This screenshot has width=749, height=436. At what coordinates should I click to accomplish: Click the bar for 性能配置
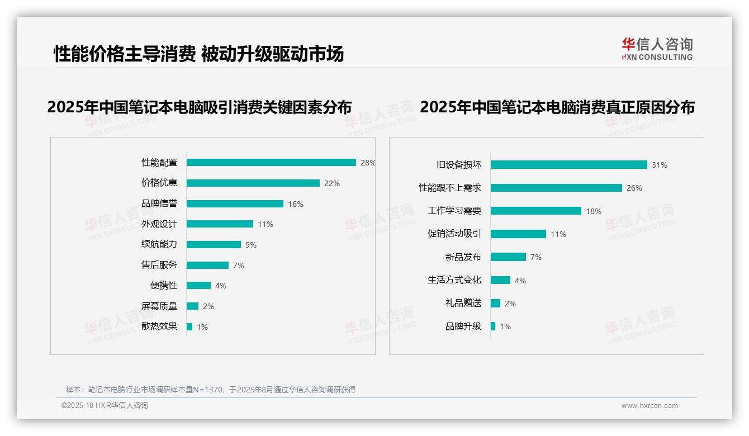click(x=271, y=163)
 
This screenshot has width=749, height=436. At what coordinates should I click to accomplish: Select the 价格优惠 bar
click(x=253, y=183)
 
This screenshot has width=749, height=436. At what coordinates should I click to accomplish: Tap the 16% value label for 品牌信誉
click(x=296, y=204)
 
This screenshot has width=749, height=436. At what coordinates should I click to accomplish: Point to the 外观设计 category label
click(x=159, y=224)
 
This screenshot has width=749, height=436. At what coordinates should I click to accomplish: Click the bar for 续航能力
click(x=214, y=245)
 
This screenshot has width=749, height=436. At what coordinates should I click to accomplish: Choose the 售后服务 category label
click(x=159, y=265)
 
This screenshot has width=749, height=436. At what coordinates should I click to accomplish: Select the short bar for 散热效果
click(x=189, y=326)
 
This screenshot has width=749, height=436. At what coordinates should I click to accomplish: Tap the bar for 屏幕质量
click(x=192, y=306)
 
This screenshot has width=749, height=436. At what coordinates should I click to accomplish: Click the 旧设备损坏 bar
click(x=568, y=165)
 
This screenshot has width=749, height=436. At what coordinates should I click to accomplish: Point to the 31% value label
click(x=660, y=165)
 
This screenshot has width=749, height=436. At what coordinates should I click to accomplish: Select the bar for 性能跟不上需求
click(x=556, y=188)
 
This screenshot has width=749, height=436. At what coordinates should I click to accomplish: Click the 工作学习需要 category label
click(x=454, y=211)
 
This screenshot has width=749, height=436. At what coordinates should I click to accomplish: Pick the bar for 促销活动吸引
click(x=518, y=234)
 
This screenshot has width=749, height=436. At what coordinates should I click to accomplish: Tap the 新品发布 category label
click(x=463, y=257)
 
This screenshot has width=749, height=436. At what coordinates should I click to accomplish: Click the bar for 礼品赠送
click(x=495, y=303)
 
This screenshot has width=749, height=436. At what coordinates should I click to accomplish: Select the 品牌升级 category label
click(x=463, y=326)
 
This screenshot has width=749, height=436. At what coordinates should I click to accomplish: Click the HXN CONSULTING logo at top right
click(x=657, y=49)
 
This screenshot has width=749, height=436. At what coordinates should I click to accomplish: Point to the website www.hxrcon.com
click(x=650, y=406)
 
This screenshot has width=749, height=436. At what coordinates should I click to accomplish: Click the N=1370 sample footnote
click(x=210, y=390)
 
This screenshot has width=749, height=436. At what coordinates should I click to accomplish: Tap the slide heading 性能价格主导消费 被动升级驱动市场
click(x=198, y=54)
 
